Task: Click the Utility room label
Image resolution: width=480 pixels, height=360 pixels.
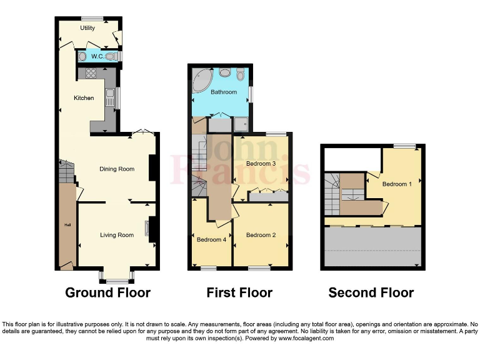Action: [87, 29]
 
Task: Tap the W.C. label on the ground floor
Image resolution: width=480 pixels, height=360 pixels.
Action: [97, 57]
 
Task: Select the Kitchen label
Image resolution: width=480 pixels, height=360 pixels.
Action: [84, 97]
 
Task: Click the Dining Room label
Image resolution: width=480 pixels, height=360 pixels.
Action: [117, 169]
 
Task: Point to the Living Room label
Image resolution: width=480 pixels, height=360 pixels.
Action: [117, 235]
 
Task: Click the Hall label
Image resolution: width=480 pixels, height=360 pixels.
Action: [66, 224]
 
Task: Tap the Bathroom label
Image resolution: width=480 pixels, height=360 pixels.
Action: [223, 92]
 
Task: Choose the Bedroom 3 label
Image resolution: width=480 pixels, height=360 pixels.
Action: [261, 164]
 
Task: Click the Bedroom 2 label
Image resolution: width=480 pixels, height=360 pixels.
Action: [261, 235]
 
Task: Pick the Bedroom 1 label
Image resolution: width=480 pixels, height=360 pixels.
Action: [397, 184]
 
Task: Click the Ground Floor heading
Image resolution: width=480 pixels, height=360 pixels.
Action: [107, 292]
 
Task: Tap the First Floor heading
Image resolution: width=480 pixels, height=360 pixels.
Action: [239, 292]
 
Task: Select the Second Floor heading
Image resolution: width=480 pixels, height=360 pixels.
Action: [371, 292]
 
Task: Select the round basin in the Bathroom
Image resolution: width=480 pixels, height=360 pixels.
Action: [224, 72]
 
